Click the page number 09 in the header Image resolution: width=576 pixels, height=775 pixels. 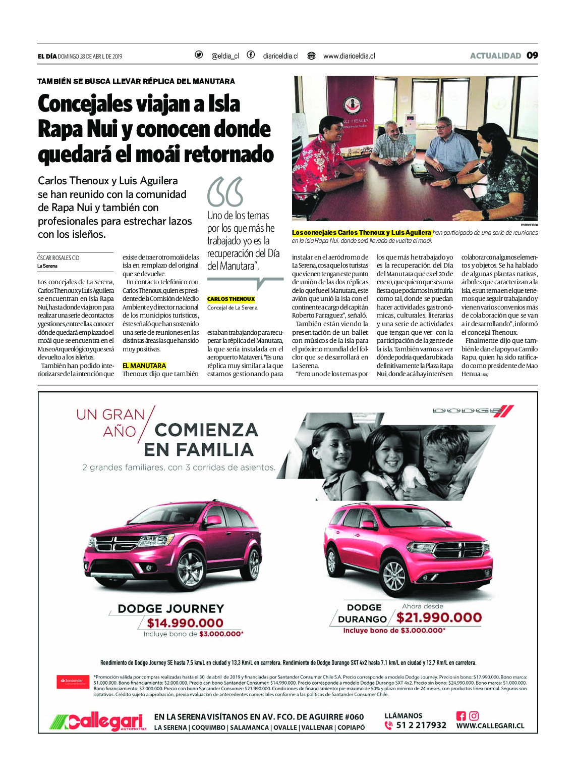pyautogui.click(x=532, y=56)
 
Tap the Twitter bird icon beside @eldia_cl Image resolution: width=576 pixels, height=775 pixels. pyautogui.click(x=199, y=55)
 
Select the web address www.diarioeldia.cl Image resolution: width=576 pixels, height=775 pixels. pyautogui.click(x=349, y=56)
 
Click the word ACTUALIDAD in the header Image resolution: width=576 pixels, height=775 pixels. pyautogui.click(x=495, y=56)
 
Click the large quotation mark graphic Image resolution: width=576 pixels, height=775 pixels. pyautogui.click(x=225, y=192)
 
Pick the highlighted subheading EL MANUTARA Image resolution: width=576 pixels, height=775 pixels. pyautogui.click(x=144, y=366)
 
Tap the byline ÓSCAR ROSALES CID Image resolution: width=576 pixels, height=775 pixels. pyautogui.click(x=59, y=258)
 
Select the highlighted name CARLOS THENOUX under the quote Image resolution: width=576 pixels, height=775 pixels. pyautogui.click(x=231, y=299)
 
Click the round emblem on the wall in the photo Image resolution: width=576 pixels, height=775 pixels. pyautogui.click(x=352, y=105)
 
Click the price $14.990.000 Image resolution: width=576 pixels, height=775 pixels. pyautogui.click(x=185, y=623)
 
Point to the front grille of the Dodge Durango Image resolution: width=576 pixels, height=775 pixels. pyautogui.click(x=461, y=550)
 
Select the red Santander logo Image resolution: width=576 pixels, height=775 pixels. pyautogui.click(x=73, y=681)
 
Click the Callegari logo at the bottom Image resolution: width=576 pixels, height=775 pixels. pyautogui.click(x=98, y=722)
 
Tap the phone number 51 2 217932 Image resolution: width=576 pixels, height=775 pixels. pyautogui.click(x=421, y=726)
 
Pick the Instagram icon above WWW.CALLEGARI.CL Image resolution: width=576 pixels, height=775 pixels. pyautogui.click(x=474, y=715)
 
